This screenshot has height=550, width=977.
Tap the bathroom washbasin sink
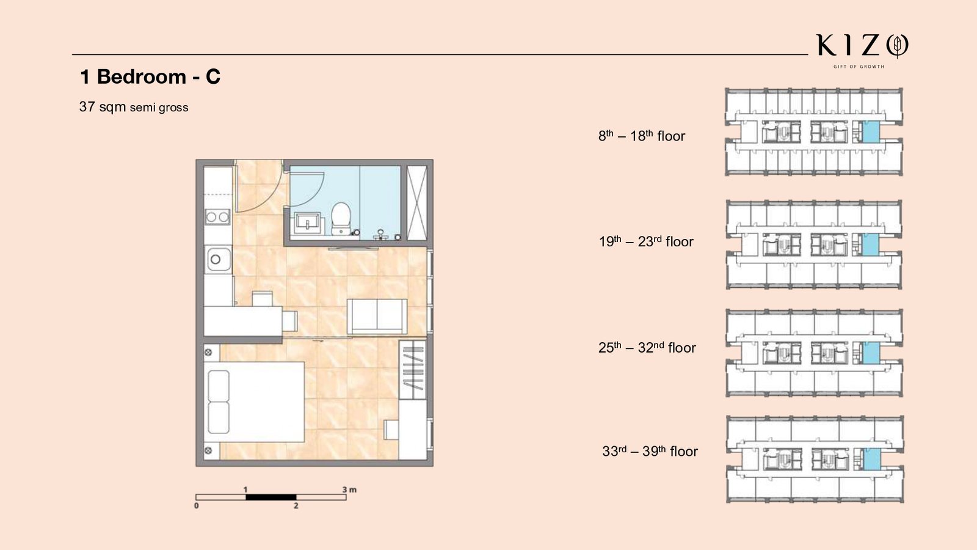pos(309,223)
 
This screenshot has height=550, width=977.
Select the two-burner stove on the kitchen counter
pos(217,216)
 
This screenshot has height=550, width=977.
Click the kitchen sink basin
pos(218,259)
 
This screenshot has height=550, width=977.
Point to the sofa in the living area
pos(377,317)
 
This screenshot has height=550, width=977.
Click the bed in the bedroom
pos(254,402)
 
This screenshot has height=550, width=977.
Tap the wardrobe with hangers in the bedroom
pos(412,369)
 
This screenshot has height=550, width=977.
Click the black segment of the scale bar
pos(271,497)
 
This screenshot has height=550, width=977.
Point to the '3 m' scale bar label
pos(349,490)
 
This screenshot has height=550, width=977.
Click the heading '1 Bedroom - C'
pos(150,77)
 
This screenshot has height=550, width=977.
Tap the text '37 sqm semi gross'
pos(134,107)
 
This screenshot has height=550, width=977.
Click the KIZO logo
pos(862,50)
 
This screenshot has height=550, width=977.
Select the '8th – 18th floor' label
pos(642,136)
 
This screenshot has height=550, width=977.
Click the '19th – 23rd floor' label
pos(646,241)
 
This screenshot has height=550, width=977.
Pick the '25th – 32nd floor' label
pos(647,348)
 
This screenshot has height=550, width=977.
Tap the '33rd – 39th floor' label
pos(650,451)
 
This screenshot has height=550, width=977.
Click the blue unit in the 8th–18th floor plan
pos(871,132)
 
